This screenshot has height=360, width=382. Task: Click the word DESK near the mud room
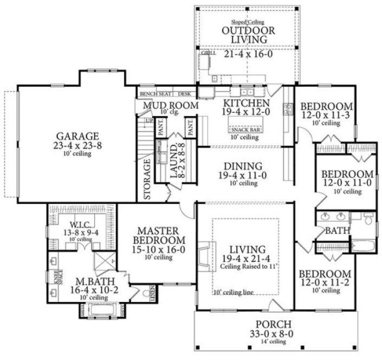185,94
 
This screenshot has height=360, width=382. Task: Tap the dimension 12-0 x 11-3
327,115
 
